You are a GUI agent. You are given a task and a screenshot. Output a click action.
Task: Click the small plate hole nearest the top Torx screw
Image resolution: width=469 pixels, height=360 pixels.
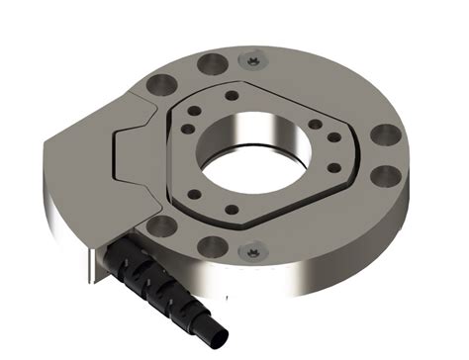[x=233, y=97]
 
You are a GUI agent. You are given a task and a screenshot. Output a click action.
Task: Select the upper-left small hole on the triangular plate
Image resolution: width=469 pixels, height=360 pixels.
[x=190, y=125]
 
